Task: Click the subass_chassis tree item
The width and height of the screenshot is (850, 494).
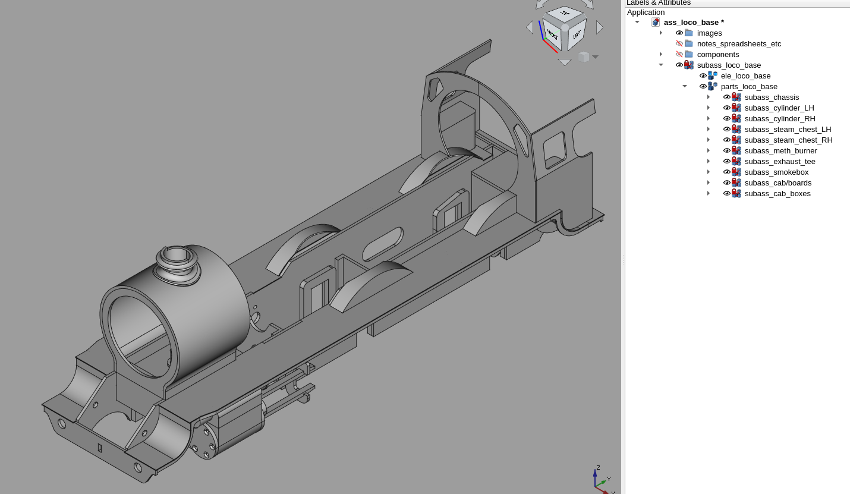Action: point(772,97)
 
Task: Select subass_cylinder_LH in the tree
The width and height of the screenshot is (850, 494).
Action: point(779,108)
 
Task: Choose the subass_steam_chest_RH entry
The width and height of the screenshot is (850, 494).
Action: point(788,140)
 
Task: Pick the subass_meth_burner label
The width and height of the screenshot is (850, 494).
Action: point(780,151)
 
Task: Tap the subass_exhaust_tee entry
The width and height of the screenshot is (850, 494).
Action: point(780,162)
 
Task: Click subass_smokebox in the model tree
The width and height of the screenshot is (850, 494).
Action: point(776,172)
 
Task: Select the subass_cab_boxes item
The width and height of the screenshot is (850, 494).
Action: point(777,194)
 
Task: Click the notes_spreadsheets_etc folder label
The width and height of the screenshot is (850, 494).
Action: point(739,44)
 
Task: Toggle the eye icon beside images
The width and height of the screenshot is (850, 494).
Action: point(679,33)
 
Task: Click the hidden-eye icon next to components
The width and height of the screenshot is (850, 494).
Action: point(679,55)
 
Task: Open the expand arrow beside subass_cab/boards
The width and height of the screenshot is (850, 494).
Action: point(708,183)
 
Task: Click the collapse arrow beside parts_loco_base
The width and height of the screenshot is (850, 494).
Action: point(684,87)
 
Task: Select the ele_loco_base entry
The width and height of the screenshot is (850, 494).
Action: point(745,76)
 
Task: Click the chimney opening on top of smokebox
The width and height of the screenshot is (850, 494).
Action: point(176,256)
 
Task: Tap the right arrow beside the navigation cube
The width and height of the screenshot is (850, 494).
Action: point(600,27)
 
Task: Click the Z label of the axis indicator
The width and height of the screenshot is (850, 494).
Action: point(598,467)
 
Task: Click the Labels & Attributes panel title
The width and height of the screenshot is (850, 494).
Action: point(659,3)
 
